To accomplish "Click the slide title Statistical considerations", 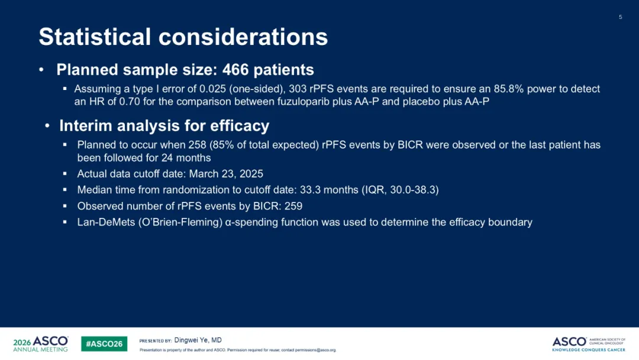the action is pos(183,37).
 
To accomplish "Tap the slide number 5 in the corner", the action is pos(620,17).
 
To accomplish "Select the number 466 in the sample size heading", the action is pos(235,70).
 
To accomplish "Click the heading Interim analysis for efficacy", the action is pos(164,126).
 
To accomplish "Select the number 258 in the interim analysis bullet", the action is pos(197,145).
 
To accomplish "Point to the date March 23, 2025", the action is pos(226,174).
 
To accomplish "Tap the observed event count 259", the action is pos(293,206).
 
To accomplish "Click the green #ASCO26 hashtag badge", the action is pos(104,343).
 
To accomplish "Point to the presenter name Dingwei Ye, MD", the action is pos(198,340).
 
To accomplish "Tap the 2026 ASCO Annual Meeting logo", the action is pos(41,343).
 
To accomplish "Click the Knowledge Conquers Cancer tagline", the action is pos(589,350).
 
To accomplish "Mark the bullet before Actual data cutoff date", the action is pos(65,173).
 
